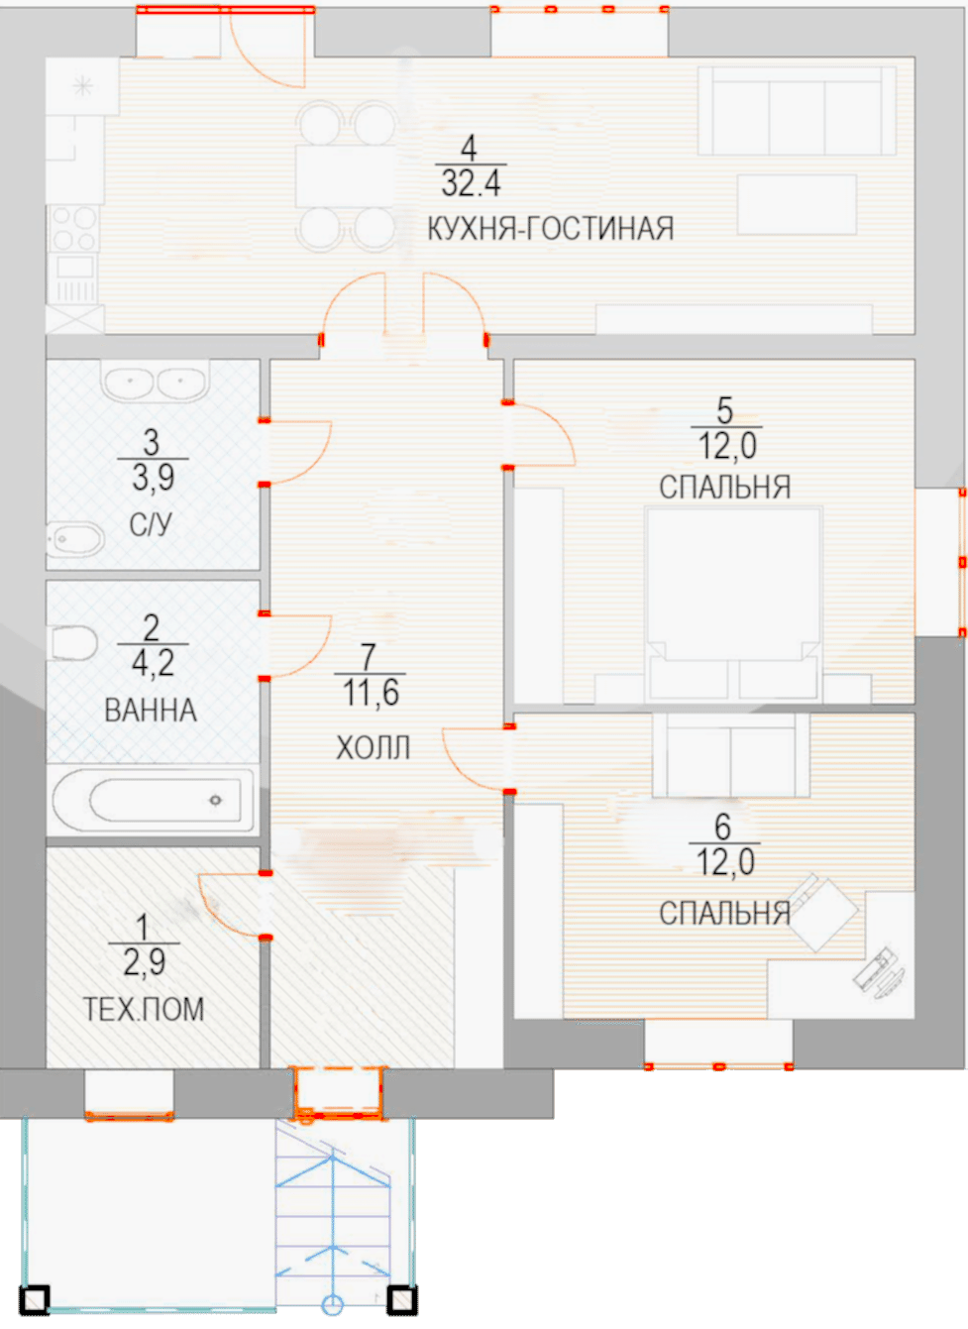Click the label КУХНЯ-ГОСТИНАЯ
(x=551, y=228)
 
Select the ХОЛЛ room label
(x=374, y=747)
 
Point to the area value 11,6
(x=371, y=692)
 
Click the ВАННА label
(x=151, y=711)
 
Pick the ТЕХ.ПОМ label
(x=144, y=1009)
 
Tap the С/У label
(x=151, y=524)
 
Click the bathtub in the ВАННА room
(x=153, y=800)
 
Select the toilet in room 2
(x=74, y=642)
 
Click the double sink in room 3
(x=155, y=380)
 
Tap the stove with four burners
(x=74, y=228)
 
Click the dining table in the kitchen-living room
(x=345, y=175)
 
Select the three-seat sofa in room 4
(x=797, y=110)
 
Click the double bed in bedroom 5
(x=734, y=604)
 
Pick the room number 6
(x=722, y=827)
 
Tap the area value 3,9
(x=153, y=478)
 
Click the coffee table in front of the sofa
(x=798, y=205)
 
